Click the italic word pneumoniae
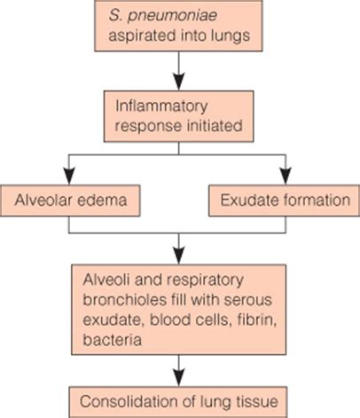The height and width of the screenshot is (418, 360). pos(172,16)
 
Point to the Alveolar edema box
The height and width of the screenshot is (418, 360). pos(70,201)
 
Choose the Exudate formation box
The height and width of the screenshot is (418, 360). pos(285,201)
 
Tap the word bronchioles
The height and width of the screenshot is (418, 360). pos(124,299)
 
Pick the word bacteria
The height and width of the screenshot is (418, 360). pos(112,339)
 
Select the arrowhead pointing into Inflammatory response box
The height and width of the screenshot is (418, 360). pos(178,81)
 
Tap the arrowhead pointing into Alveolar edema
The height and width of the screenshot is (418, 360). pos(69,176)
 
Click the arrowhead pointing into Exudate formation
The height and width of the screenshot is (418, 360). pos(286,176)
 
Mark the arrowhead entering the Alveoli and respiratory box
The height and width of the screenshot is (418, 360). pos(178,255)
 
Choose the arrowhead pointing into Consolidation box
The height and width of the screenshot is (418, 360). pos(178,377)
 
